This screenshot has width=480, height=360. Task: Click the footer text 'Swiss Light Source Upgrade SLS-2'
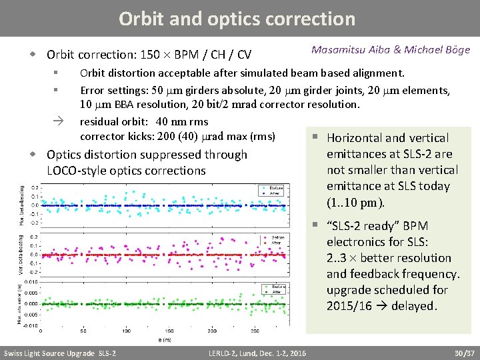(x=60, y=353)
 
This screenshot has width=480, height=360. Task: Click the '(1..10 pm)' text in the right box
(x=355, y=203)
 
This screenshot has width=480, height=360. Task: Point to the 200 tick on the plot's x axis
(x=169, y=331)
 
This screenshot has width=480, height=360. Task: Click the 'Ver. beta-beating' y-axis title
(x=21, y=254)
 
